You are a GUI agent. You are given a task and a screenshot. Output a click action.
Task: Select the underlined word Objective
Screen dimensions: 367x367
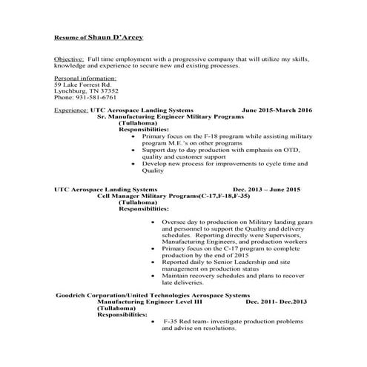(x=69, y=58)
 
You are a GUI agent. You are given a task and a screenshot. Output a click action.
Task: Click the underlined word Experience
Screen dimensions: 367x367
(x=70, y=110)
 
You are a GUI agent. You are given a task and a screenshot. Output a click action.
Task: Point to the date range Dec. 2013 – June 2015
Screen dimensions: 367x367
(x=266, y=189)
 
